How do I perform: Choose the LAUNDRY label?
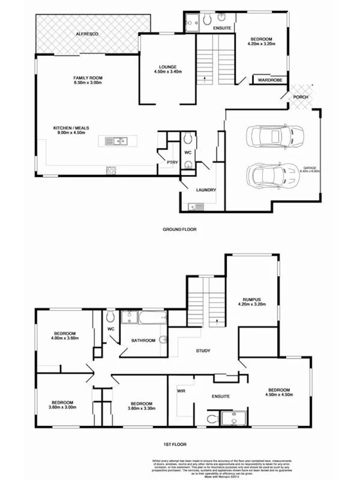click(206, 190)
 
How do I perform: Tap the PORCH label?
click(301, 97)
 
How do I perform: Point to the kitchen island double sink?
click(115, 141)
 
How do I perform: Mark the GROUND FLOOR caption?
click(179, 229)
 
